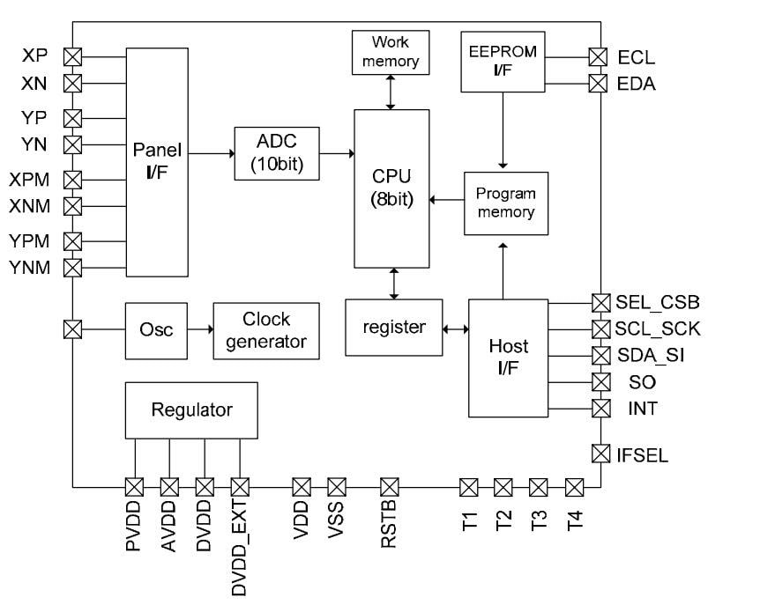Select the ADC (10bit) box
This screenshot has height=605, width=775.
[x=277, y=153]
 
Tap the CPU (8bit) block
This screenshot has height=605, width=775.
[x=391, y=188]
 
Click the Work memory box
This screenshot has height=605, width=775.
[x=391, y=53]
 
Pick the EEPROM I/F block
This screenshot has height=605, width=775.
[x=503, y=61]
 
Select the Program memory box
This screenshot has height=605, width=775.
[x=506, y=203]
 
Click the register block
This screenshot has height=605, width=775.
[x=394, y=328]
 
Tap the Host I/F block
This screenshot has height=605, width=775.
[x=509, y=358]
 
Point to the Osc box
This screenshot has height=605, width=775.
[x=157, y=329]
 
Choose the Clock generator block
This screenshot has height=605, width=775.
[x=266, y=329]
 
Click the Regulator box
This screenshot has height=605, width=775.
[x=191, y=409]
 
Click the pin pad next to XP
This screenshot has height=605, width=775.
[x=73, y=57]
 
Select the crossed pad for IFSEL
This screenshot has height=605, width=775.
[x=600, y=454]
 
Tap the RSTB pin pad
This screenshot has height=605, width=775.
[x=389, y=487]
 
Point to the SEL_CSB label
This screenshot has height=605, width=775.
[x=657, y=303]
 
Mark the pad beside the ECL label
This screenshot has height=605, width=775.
[x=600, y=57]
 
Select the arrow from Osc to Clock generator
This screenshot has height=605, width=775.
[x=200, y=329]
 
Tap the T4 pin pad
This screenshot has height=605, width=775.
[x=574, y=487]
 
